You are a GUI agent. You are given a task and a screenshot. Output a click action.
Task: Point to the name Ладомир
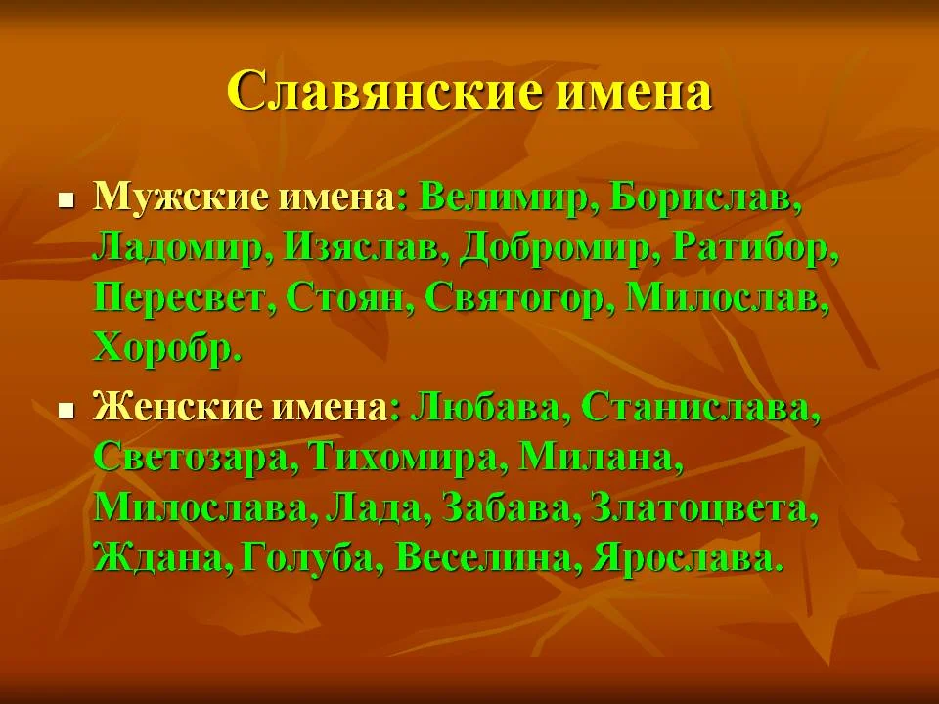pyautogui.click(x=181, y=248)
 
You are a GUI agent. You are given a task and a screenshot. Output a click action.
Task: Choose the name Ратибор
pyautogui.click(x=754, y=248)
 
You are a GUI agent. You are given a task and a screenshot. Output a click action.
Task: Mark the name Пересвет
pyautogui.click(x=182, y=298)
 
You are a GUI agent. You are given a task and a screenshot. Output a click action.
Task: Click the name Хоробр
pyautogui.click(x=166, y=348)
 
